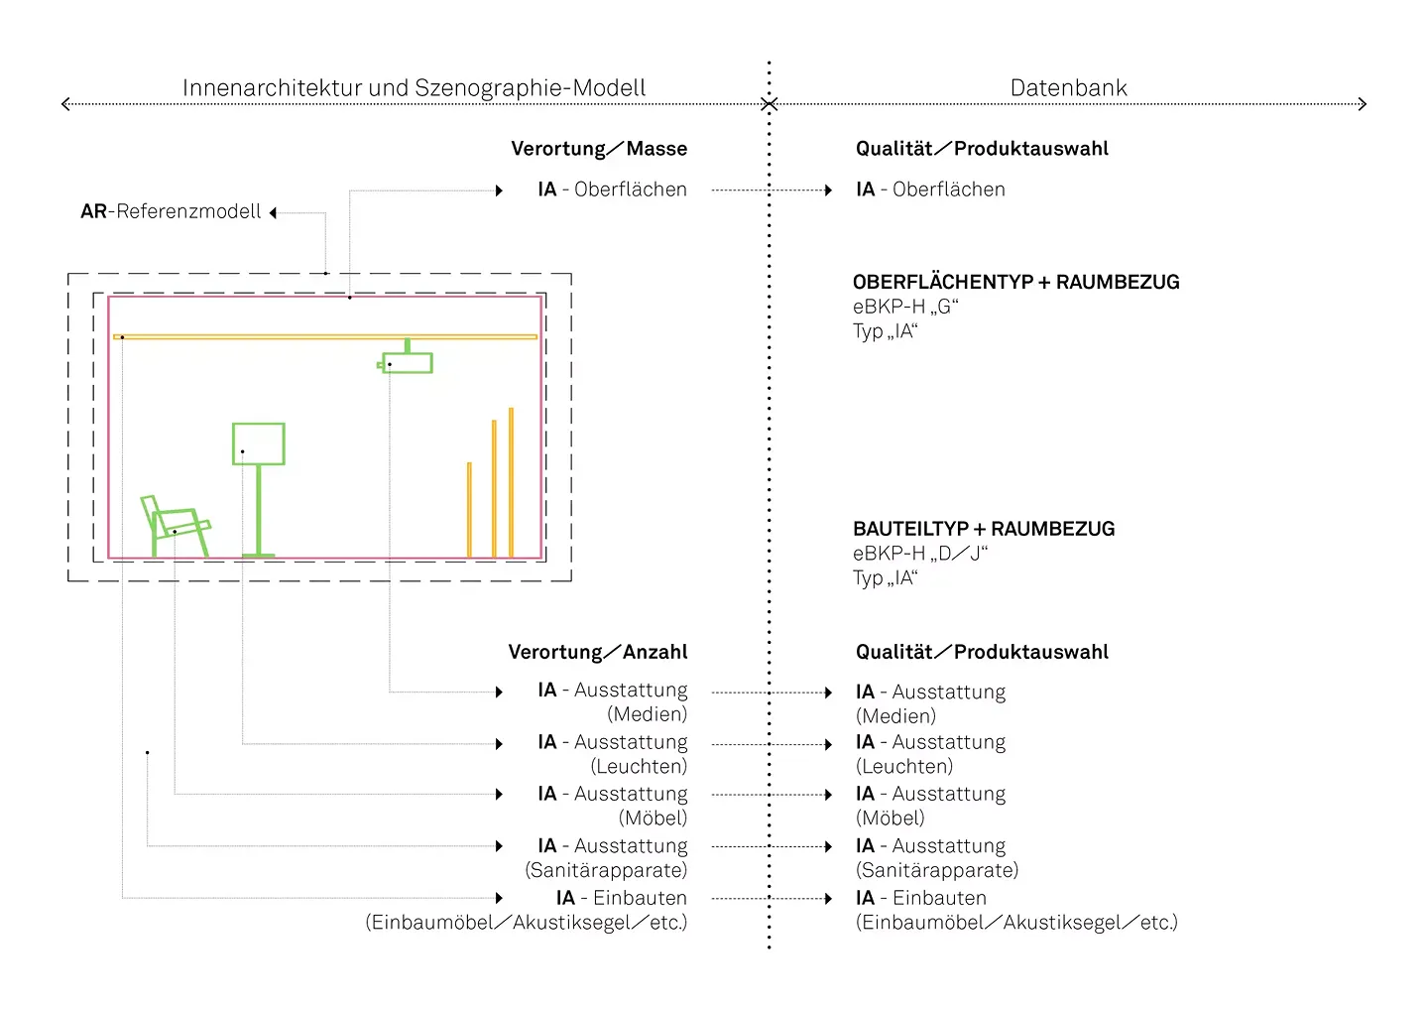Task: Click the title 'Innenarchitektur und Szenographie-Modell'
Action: pyautogui.click(x=415, y=88)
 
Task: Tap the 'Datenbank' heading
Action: pyautogui.click(x=1068, y=88)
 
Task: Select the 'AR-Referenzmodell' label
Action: pyautogui.click(x=171, y=211)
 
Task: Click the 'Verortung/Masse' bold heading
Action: pyautogui.click(x=599, y=149)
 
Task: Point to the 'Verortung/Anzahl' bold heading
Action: pyautogui.click(x=598, y=652)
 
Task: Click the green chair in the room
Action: pyautogui.click(x=175, y=526)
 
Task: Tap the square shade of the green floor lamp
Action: pyautogui.click(x=258, y=443)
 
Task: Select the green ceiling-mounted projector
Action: pyautogui.click(x=406, y=358)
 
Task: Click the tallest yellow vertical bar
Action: pyautogui.click(x=512, y=483)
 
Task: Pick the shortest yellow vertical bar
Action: pyautogui.click(x=469, y=510)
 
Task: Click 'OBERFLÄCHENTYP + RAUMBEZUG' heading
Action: pyautogui.click(x=1016, y=282)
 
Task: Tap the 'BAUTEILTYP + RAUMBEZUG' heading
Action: pyautogui.click(x=984, y=529)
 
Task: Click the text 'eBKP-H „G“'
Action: pyautogui.click(x=906, y=307)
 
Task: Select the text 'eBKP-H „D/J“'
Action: pyautogui.click(x=920, y=554)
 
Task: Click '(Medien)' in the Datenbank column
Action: pyautogui.click(x=895, y=716)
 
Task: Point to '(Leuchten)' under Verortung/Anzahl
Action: pyautogui.click(x=639, y=766)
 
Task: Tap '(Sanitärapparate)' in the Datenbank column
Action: pyautogui.click(x=937, y=870)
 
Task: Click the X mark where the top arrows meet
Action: pyautogui.click(x=769, y=104)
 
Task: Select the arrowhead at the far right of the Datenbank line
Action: pyautogui.click(x=1363, y=104)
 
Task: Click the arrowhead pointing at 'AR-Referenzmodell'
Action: pyautogui.click(x=273, y=213)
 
